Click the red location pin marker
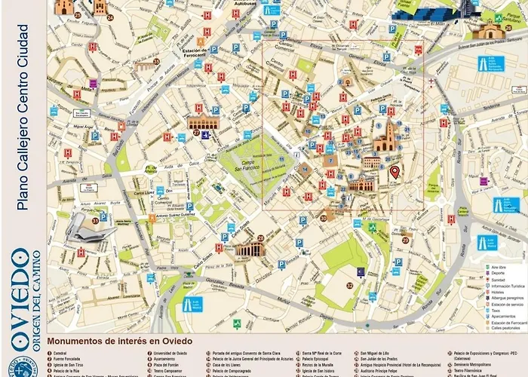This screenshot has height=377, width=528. coord(394,173)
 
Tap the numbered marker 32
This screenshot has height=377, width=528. coord(349,285)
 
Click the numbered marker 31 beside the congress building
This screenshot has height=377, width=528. coord(95,221)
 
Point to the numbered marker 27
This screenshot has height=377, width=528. coord(196,133)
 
